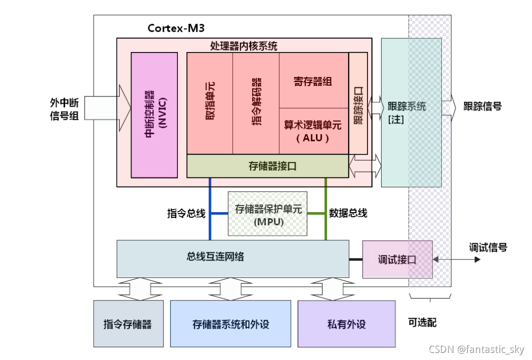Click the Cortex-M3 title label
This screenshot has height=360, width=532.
176,28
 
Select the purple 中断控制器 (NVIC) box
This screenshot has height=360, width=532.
154,115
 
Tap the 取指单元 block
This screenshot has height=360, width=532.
210,102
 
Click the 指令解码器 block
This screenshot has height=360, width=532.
256,102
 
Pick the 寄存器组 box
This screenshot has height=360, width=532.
313,81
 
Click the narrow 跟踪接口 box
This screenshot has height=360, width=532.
358,102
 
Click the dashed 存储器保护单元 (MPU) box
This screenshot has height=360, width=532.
268,214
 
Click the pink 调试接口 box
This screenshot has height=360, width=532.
397,259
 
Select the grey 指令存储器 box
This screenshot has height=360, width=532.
128,324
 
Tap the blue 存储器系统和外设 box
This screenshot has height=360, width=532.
230,324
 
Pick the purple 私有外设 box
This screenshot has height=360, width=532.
347,324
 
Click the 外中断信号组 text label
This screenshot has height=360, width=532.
64,109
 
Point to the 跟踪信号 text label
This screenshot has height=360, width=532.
482,107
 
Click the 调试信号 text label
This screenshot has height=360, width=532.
488,248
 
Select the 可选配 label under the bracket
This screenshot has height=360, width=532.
422,322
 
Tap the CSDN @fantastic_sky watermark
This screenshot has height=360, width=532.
476,349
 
